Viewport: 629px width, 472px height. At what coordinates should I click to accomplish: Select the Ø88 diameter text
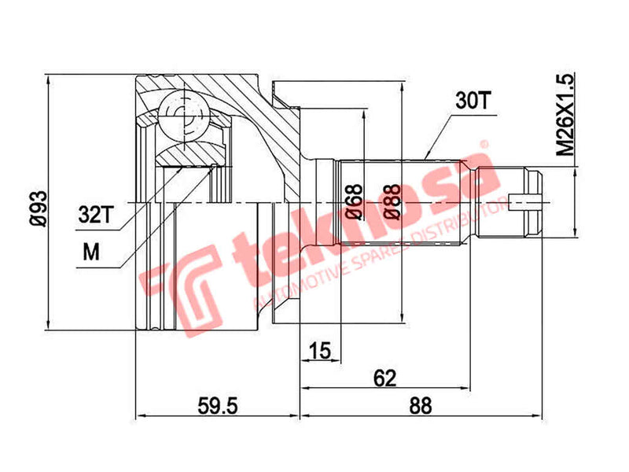[x=388, y=202]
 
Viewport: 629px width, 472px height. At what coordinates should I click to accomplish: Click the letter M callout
[x=92, y=253]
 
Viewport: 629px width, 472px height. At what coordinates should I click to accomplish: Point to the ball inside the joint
[x=186, y=115]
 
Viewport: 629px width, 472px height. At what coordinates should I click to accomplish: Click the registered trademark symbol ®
[x=485, y=146]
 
